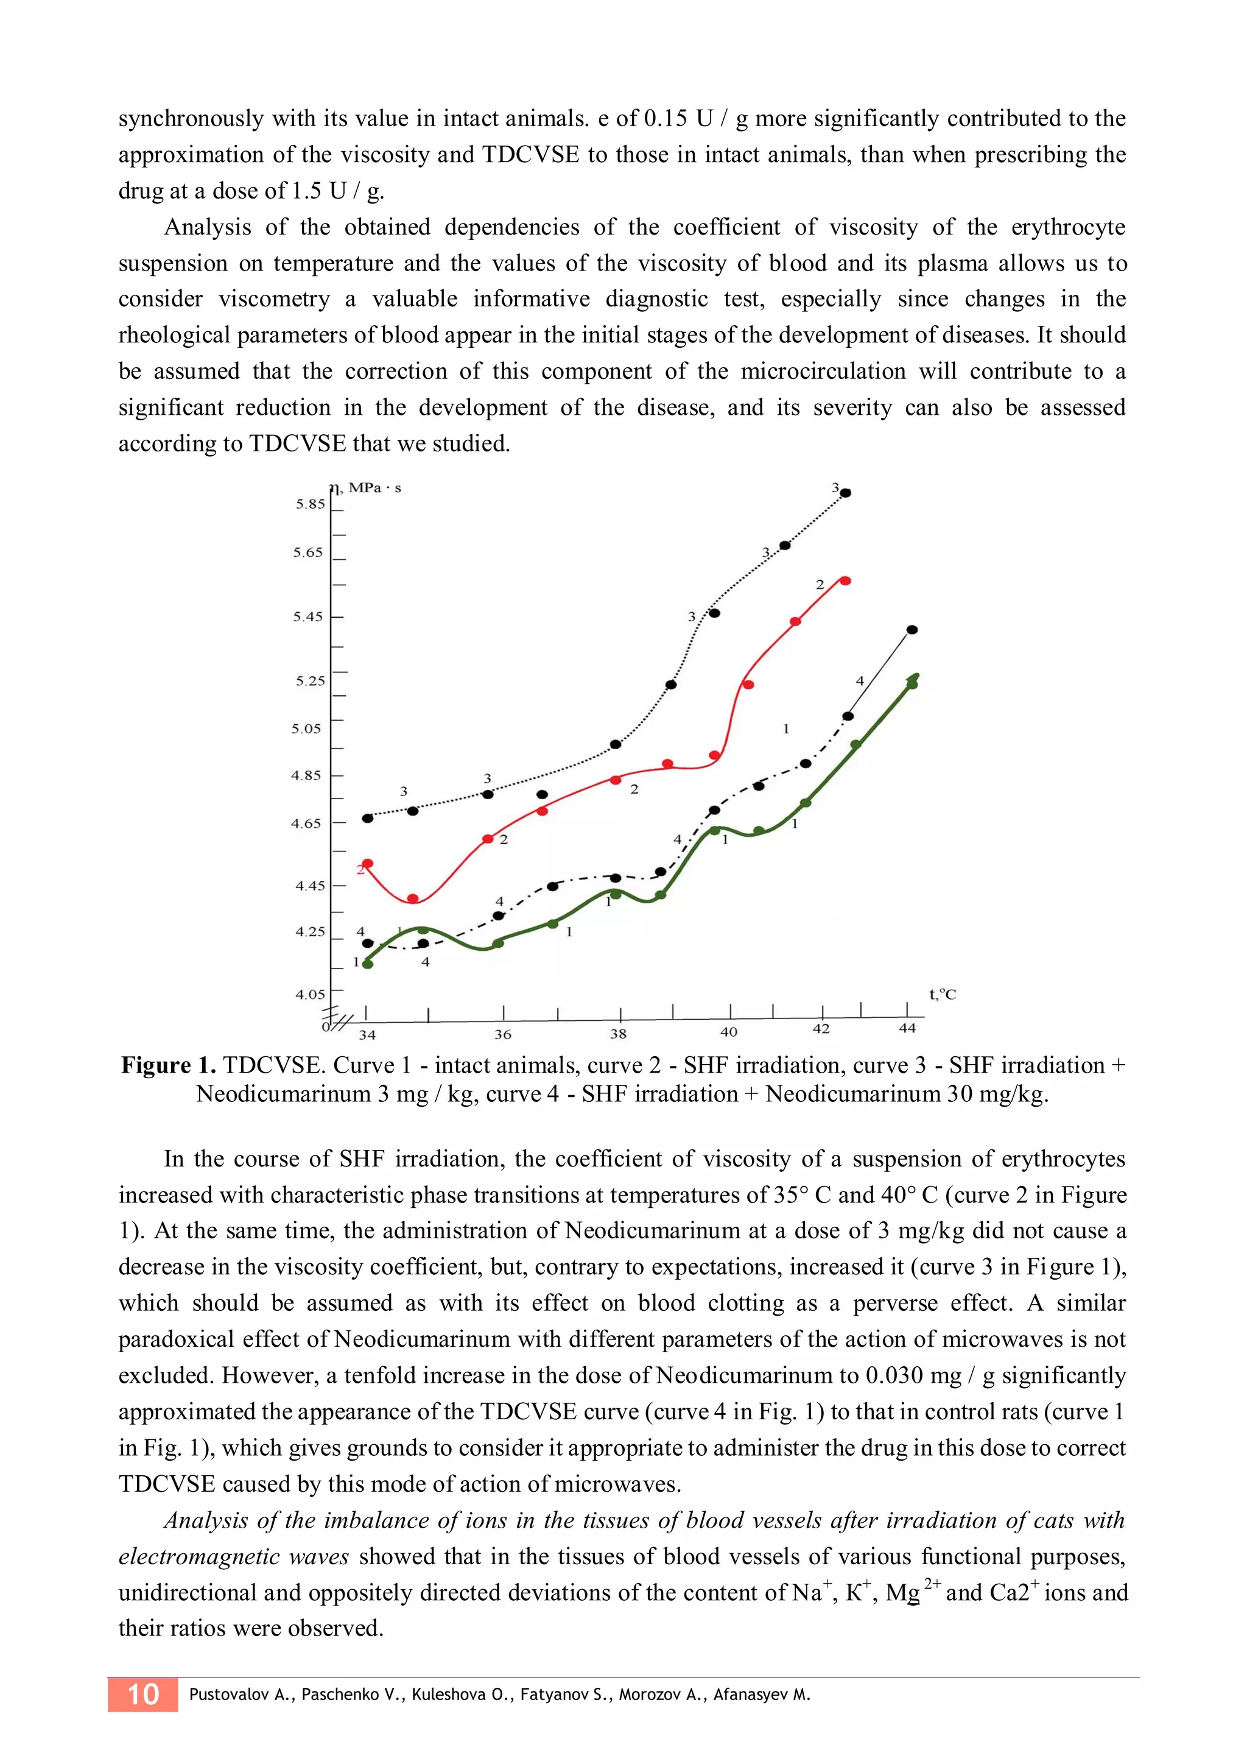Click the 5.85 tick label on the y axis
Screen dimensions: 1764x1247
(x=310, y=504)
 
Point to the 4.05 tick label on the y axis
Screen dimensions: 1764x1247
(x=310, y=994)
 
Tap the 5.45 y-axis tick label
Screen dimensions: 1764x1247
(x=308, y=616)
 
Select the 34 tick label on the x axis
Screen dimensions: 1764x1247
(x=367, y=1035)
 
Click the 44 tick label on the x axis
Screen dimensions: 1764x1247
(x=907, y=1028)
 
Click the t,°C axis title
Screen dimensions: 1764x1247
(x=942, y=994)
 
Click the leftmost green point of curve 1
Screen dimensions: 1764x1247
(x=367, y=964)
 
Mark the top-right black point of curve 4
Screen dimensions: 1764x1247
(x=912, y=630)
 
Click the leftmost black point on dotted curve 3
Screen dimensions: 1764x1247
(x=367, y=818)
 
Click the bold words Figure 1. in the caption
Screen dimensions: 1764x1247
(x=168, y=1065)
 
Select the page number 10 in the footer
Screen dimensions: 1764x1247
(x=143, y=1694)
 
